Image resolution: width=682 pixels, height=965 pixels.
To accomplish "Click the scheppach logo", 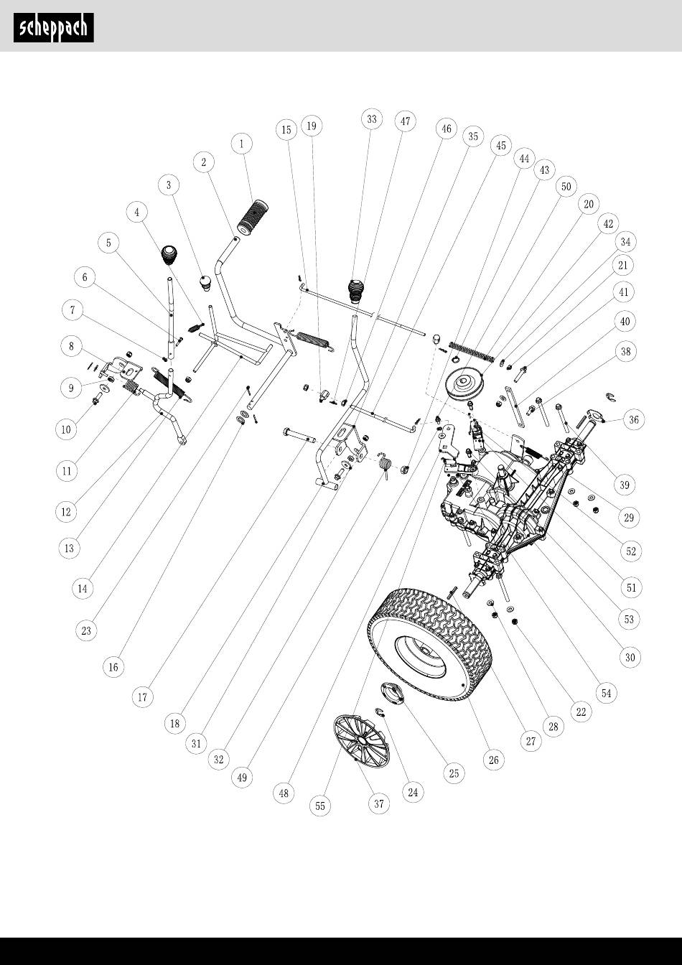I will (x=54, y=27).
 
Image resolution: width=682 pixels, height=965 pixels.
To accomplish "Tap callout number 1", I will (x=242, y=144).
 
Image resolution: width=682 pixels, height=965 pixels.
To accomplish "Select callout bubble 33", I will (x=372, y=120).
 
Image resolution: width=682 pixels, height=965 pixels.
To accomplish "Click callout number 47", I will (x=405, y=121).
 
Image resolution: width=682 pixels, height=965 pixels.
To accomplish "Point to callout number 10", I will (x=66, y=429).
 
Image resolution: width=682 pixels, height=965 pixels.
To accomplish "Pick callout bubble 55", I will (x=320, y=806).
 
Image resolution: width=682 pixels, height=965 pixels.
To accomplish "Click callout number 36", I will (x=632, y=420).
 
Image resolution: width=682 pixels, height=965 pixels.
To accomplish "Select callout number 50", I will (x=566, y=187).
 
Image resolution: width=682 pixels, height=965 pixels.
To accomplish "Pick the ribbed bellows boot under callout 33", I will (x=358, y=292).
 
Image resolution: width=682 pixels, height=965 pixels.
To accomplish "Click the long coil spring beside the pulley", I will (x=472, y=350).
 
